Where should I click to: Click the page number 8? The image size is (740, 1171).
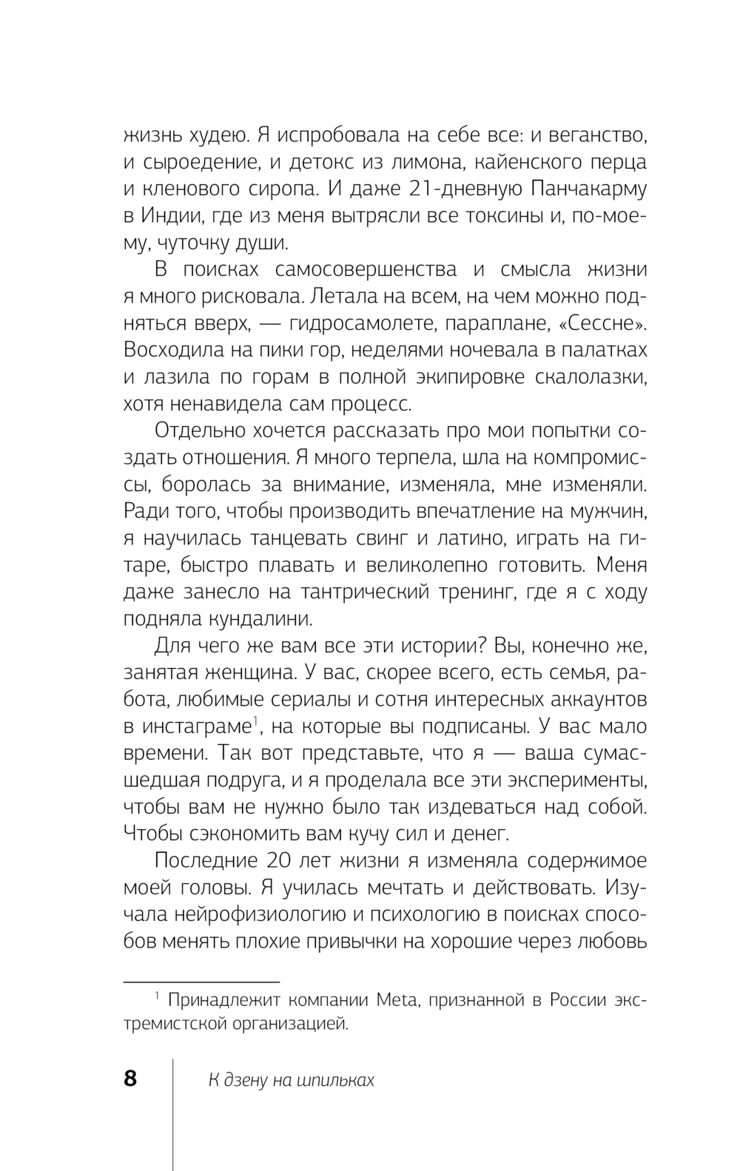tap(130, 1079)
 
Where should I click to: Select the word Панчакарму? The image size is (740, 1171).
tap(589, 189)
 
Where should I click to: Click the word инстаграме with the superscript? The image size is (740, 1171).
tap(197, 726)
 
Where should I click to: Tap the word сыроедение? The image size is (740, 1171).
tap(197, 162)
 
